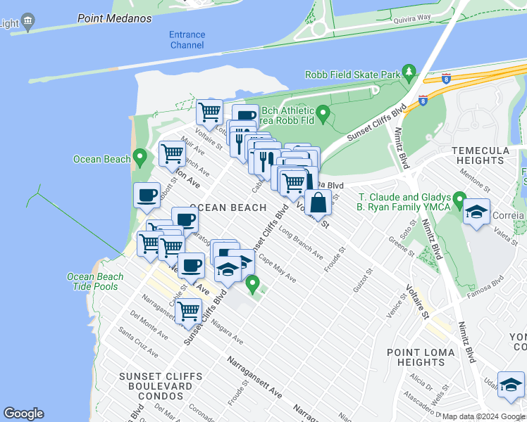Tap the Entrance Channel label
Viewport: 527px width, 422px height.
(x=187, y=40)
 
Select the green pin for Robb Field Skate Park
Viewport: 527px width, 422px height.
(x=408, y=72)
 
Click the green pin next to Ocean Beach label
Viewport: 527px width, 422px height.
(x=140, y=157)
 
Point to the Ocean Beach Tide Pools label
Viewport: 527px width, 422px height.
(x=95, y=281)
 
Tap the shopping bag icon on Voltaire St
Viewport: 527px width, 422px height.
(x=318, y=203)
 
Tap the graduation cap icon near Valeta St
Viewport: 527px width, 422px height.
(x=477, y=212)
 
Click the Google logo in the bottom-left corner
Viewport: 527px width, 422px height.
(x=23, y=414)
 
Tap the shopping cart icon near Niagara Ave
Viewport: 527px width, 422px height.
(x=188, y=309)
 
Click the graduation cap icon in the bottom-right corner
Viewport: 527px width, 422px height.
(x=511, y=384)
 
